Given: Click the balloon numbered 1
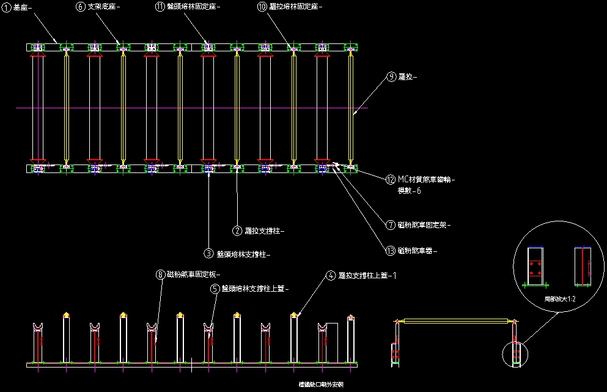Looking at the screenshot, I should click(7, 7).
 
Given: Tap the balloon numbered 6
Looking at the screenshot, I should click(82, 7).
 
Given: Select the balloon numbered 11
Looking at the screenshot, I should click(160, 7).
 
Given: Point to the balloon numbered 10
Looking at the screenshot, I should click(262, 7).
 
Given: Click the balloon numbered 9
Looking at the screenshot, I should click(392, 77).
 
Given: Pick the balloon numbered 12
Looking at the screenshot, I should click(392, 180).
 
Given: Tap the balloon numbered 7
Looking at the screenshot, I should click(392, 224).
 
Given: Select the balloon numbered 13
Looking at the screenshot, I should click(392, 251).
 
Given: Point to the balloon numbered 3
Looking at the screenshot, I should click(209, 253).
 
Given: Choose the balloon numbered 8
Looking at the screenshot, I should click(161, 275).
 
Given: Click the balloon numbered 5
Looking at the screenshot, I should click(215, 289).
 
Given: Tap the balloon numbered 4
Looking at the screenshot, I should click(331, 276).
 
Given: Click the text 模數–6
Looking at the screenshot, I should click(410, 191).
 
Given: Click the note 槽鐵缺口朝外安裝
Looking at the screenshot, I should click(321, 385).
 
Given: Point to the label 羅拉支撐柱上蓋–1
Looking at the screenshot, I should click(368, 276).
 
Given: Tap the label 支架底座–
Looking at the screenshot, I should click(105, 7).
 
